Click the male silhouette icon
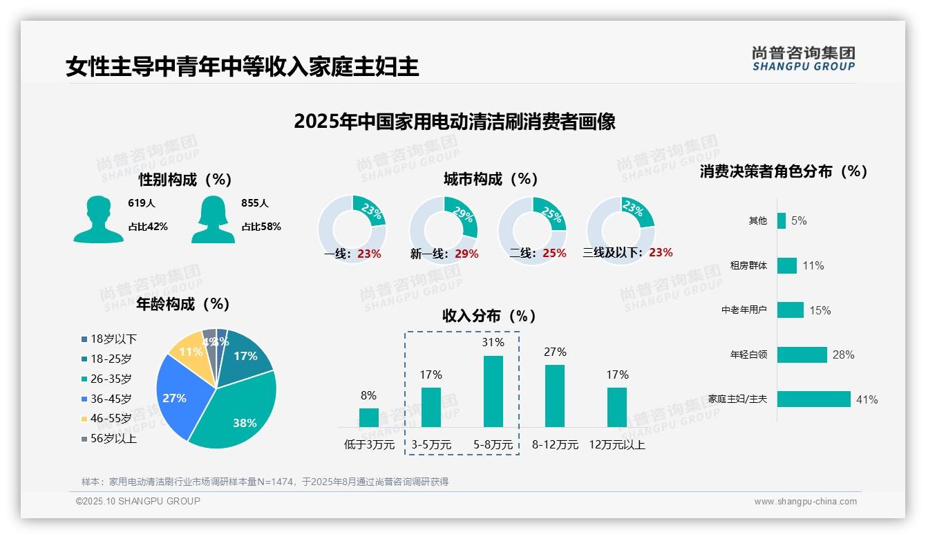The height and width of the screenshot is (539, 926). (98, 219)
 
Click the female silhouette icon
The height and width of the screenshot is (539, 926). (213, 219)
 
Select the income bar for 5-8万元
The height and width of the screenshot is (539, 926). (493, 391)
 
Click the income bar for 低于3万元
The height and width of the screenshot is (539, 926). (368, 417)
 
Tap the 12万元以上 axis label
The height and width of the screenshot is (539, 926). (616, 445)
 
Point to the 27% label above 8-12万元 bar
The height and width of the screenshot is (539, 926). (554, 352)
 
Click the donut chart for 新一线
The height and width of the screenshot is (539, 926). (444, 230)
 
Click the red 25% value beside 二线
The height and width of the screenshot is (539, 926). (554, 254)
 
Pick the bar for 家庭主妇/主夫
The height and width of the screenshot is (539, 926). (813, 399)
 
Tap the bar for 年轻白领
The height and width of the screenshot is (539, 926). (802, 354)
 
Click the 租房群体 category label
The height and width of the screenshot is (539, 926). (748, 265)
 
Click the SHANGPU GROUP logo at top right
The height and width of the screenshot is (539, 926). (803, 59)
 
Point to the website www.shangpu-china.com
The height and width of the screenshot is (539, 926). (805, 502)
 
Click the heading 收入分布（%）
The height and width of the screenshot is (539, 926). (489, 316)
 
